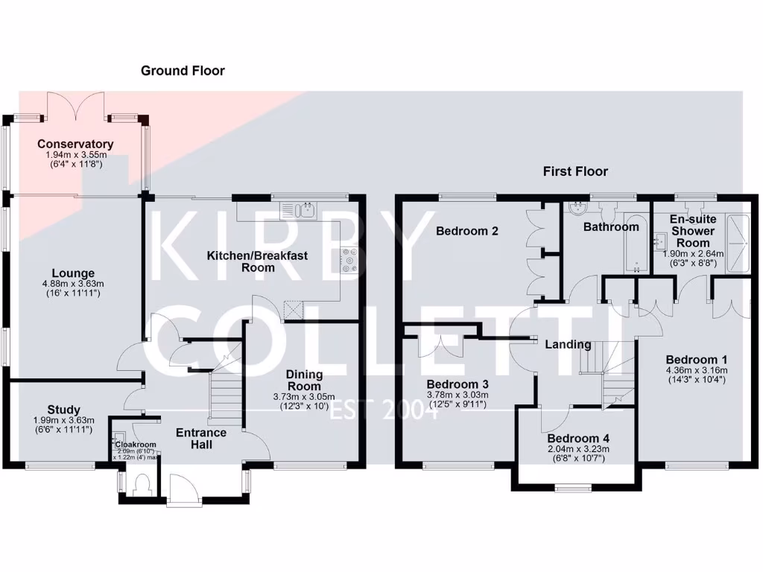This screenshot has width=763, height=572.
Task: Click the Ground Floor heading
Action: pos(183,71)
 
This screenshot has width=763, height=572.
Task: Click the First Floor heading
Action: pos(575,171)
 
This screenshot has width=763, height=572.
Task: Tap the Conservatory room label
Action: pos(75,144)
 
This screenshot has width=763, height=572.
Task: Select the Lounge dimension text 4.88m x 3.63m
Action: pos(73,284)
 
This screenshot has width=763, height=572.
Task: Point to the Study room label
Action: pos(63,409)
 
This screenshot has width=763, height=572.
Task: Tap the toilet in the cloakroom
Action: pos(139,485)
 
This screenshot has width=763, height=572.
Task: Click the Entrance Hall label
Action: pos(201,439)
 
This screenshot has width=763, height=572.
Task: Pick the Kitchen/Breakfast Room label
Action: pos(257,261)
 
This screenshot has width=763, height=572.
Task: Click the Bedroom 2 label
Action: pos(467,231)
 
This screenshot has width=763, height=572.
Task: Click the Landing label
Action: pos(568,344)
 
